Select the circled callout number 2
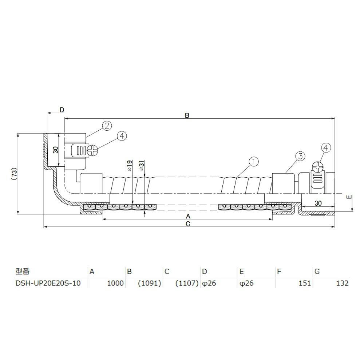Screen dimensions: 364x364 pyautogui.click(x=107, y=126)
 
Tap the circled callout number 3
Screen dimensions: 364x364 pyautogui.click(x=300, y=156)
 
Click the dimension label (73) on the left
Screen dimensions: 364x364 pyautogui.click(x=15, y=174)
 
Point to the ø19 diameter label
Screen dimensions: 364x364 pyautogui.click(x=130, y=166)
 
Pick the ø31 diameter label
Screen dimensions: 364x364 pyautogui.click(x=142, y=166)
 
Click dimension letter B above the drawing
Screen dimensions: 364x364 pyautogui.click(x=187, y=115)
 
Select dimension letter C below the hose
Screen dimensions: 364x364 pyautogui.click(x=188, y=224)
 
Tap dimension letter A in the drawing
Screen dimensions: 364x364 pyautogui.click(x=188, y=216)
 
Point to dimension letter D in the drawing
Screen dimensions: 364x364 pyautogui.click(x=62, y=110)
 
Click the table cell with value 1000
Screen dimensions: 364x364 pyautogui.click(x=115, y=283)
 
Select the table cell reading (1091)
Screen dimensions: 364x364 pyautogui.click(x=150, y=283)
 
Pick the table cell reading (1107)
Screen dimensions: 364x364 pyautogui.click(x=187, y=283)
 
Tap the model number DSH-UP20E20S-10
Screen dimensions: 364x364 pyautogui.click(x=48, y=283)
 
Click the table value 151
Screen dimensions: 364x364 pyautogui.click(x=305, y=283)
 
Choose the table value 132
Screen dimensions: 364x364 pyautogui.click(x=343, y=283)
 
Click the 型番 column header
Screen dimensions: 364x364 pyautogui.click(x=22, y=271)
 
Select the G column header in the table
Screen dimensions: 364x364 pyautogui.click(x=317, y=272)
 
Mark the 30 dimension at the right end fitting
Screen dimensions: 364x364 pyautogui.click(x=318, y=203)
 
